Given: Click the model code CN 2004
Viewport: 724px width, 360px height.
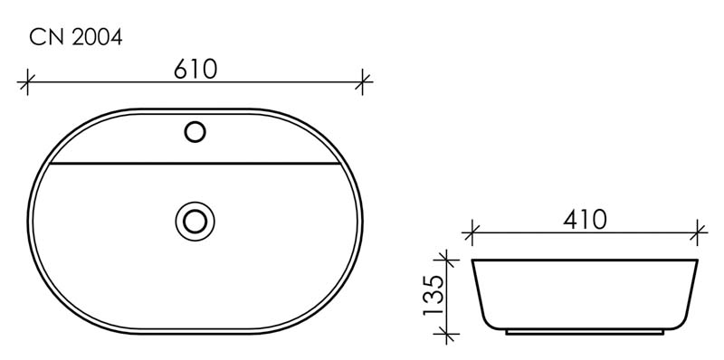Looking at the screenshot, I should (x=76, y=37).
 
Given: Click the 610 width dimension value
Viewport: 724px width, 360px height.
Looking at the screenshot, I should (x=195, y=69).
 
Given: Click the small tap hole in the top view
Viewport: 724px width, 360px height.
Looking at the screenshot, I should (x=195, y=132).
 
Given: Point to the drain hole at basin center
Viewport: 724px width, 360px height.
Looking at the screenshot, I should (x=195, y=219).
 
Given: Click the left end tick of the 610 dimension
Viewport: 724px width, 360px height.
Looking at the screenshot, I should (x=28, y=82).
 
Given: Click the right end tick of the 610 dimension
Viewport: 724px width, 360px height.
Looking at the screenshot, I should (x=362, y=82).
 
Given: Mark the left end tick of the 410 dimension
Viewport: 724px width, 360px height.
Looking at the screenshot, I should (x=469, y=232).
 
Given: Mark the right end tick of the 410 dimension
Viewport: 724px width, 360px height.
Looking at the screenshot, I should (x=698, y=232).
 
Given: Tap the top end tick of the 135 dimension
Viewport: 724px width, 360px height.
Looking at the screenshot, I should (x=444, y=261).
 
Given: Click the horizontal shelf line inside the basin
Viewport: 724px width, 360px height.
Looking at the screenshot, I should (x=195, y=166).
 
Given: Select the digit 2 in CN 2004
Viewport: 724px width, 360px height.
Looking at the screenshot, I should (x=79, y=37).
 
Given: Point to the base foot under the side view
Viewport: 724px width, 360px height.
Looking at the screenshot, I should (x=585, y=332).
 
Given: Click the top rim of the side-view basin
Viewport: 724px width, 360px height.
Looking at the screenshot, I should (x=585, y=261).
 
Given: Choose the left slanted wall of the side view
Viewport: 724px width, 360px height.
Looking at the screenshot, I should (x=478, y=294).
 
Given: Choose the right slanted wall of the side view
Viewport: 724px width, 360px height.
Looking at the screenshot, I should (x=692, y=294).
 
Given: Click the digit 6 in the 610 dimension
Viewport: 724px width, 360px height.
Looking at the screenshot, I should (x=180, y=69).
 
